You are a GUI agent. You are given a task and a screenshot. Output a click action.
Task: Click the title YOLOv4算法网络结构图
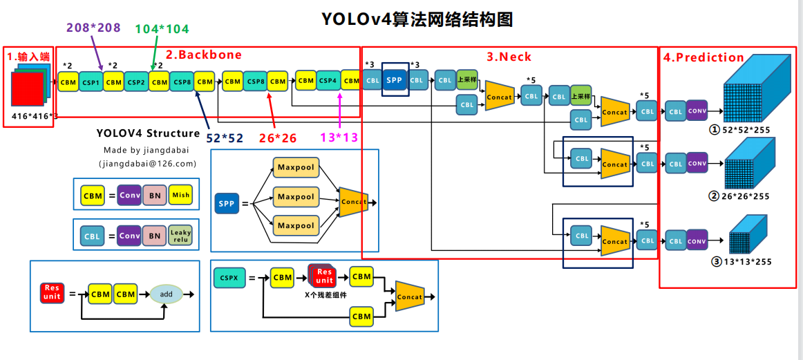[x=417, y=19]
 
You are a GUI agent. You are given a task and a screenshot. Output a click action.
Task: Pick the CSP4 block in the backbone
[x=328, y=80]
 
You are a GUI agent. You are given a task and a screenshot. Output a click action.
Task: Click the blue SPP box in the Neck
[x=394, y=79]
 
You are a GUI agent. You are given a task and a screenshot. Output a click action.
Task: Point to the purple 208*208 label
[x=93, y=28]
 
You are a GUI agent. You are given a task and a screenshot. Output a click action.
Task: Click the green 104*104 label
[x=162, y=29]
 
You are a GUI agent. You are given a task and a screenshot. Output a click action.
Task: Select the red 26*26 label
[x=277, y=138]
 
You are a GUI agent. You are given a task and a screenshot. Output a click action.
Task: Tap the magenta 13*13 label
[x=339, y=138]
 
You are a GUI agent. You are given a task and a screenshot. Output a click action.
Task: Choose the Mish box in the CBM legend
[x=180, y=195]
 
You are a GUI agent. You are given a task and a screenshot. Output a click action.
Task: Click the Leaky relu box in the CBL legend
[x=180, y=236]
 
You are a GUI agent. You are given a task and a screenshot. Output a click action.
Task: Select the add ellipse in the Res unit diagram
[x=167, y=294]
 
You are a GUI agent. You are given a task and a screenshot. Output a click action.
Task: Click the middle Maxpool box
[x=296, y=197]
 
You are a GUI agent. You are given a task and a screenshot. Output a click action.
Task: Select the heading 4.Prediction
[x=703, y=57]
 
